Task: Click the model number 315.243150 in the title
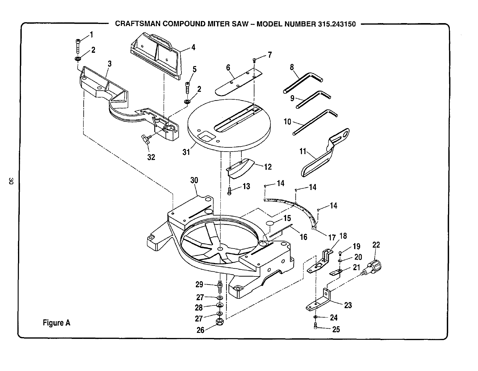tap(336, 24)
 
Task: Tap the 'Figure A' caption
tap(56, 323)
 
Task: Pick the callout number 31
tap(186, 152)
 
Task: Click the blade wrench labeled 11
tap(324, 153)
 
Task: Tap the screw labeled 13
tap(229, 191)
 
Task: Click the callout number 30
tap(194, 180)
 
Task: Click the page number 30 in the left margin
tap(11, 181)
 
